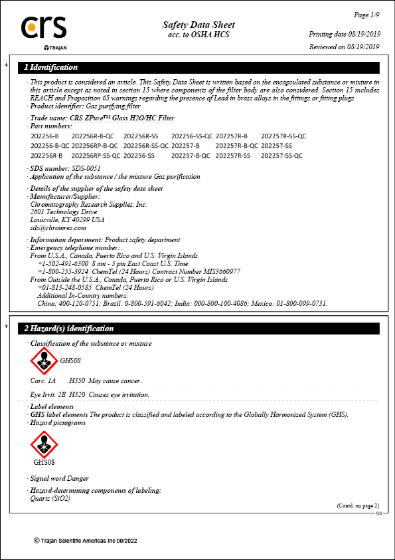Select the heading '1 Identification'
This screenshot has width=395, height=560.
(51, 67)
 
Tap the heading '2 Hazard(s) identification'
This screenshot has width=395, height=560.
(69, 329)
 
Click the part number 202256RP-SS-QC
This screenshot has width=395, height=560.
(96, 155)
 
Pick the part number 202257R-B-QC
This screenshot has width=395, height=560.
(237, 145)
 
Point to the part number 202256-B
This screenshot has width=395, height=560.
(44, 135)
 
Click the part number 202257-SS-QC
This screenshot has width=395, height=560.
(281, 155)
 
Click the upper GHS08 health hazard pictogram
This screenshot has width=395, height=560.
(44, 362)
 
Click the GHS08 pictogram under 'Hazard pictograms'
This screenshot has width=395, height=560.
(44, 443)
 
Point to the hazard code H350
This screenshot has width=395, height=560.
(77, 381)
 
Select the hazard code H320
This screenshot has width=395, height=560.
(77, 394)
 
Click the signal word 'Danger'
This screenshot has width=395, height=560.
(77, 478)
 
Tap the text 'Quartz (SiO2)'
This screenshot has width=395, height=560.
(50, 498)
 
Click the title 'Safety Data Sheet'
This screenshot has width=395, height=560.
(198, 25)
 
